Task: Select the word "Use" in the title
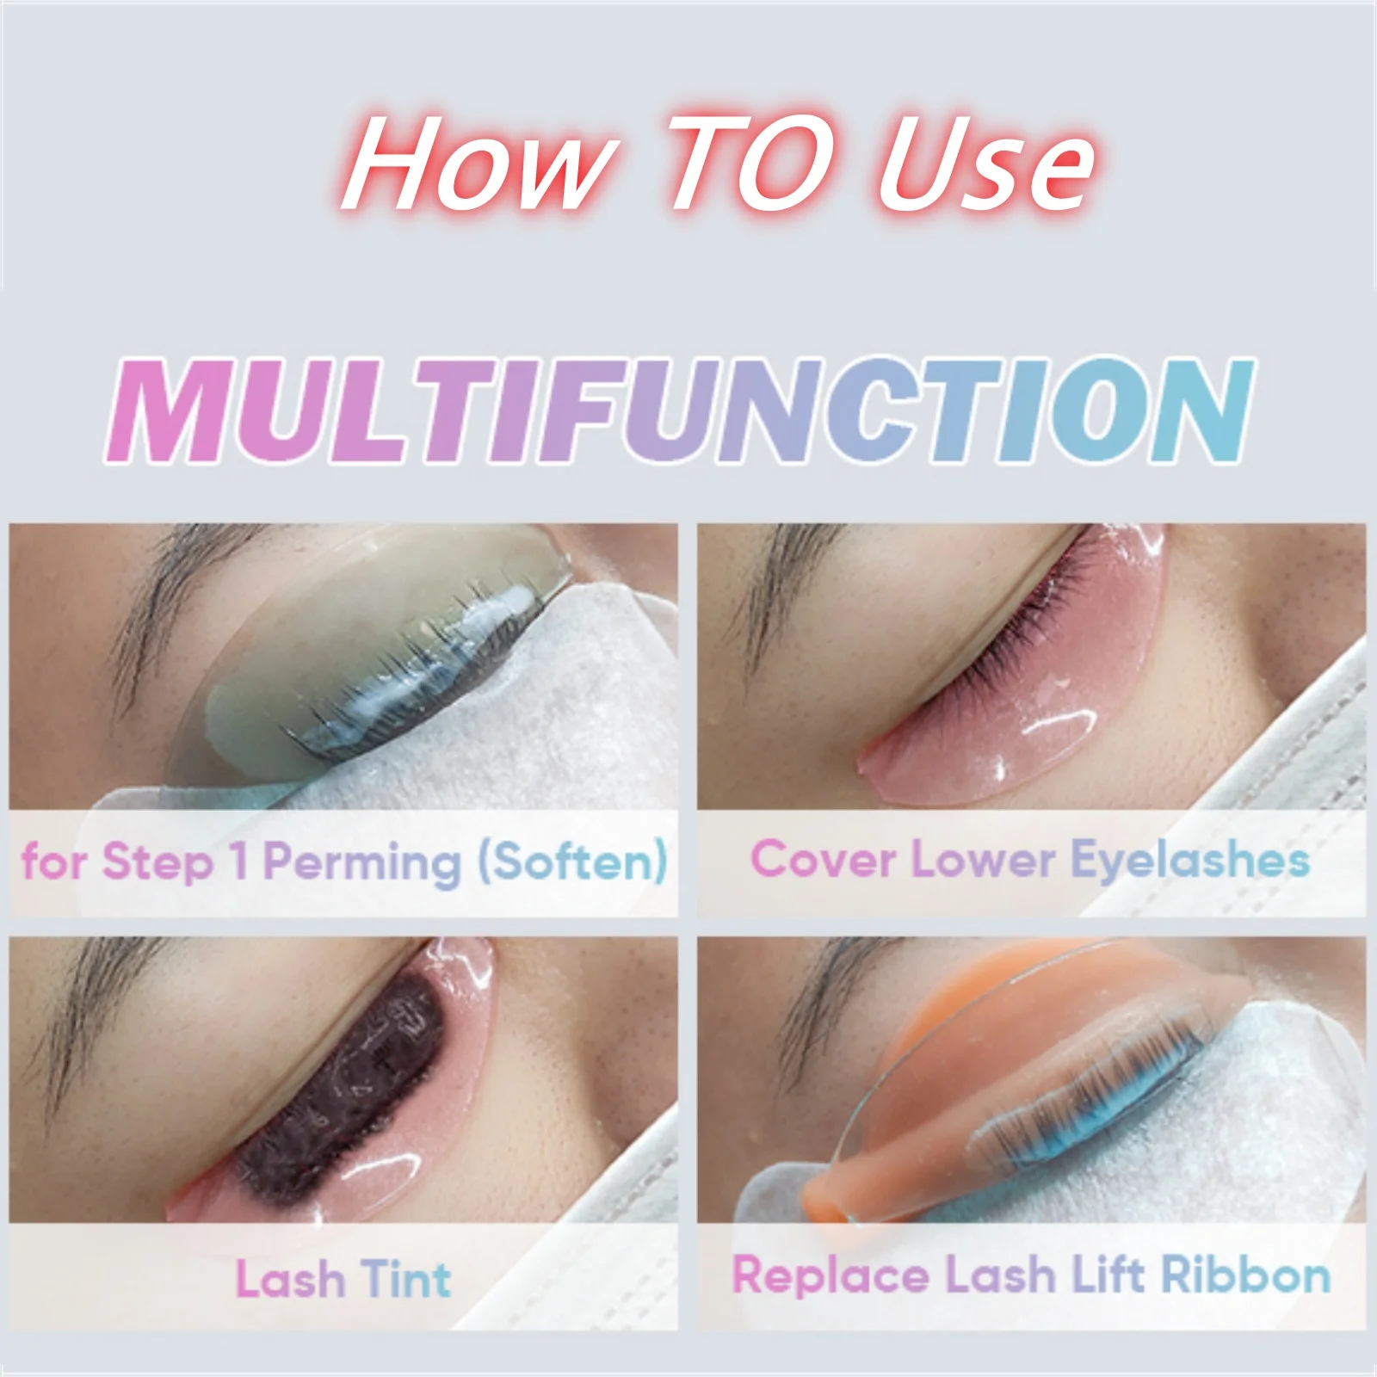(x=985, y=164)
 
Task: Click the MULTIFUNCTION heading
(x=680, y=411)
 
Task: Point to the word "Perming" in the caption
(x=361, y=862)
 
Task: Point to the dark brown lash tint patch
(x=336, y=1084)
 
